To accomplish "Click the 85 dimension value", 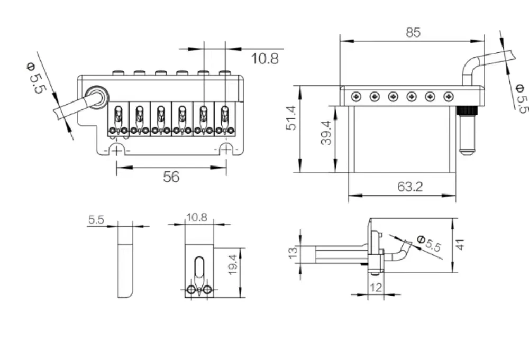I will tap(413, 32).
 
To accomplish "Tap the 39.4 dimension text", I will tap(327, 133).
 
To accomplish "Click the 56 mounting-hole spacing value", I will tap(171, 177).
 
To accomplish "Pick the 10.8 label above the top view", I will tap(264, 58).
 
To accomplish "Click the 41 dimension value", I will tap(460, 244).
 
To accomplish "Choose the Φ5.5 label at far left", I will tap(35, 78).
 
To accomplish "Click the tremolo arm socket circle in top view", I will tap(97, 97).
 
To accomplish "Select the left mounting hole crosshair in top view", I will tap(117, 150).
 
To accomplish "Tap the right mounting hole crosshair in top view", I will tap(226, 150).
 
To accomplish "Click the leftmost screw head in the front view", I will tap(357, 97).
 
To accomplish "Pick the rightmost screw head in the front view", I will tap(449, 97).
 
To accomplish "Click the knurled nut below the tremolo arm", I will tap(466, 112).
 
